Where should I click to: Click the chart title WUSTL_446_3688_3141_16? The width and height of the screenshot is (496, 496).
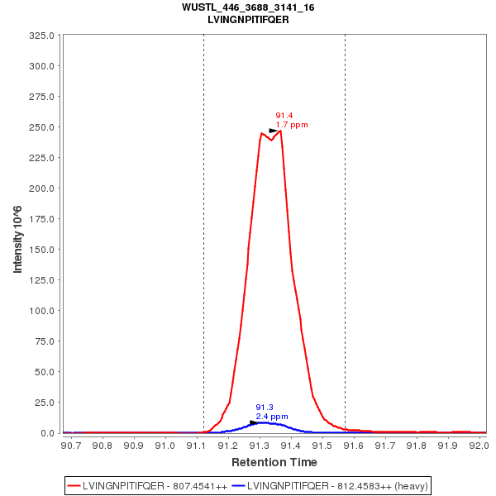coord(248,7)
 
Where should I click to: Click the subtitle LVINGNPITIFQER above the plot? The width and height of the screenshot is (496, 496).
coord(248,19)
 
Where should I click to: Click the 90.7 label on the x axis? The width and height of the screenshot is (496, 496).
coord(71,446)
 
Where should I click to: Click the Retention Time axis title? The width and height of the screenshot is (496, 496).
coord(274,462)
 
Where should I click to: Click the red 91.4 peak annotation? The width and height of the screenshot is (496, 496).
coord(284,116)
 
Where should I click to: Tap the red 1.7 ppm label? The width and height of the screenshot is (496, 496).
coord(292,125)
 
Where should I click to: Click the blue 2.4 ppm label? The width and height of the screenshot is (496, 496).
coord(272,417)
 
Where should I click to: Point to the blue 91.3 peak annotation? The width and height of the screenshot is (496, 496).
coord(265,408)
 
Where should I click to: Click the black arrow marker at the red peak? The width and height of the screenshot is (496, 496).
coord(274,131)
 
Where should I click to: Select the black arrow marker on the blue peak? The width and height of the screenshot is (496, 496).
coord(254,422)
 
